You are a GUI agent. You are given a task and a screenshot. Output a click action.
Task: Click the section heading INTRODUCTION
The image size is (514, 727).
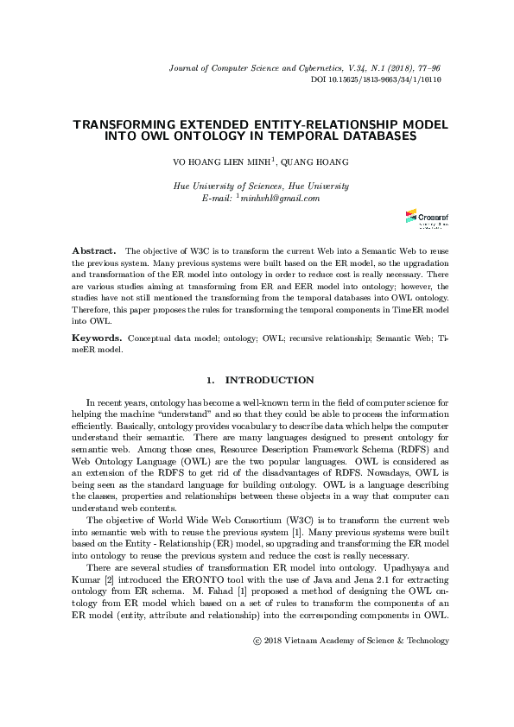270,380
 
